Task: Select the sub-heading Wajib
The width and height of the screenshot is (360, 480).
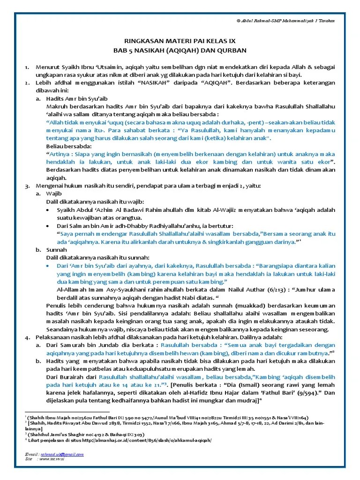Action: [54, 193]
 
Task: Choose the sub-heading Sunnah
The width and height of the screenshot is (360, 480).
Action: [57, 250]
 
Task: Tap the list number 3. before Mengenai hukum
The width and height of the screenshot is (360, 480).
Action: [27, 186]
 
